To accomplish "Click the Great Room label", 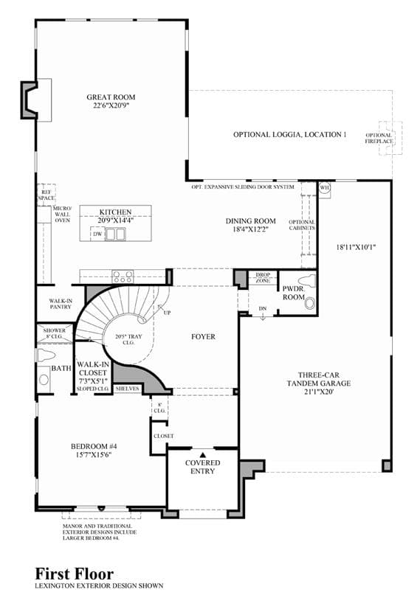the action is [x=111, y=101].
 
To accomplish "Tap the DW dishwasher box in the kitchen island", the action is [x=97, y=234].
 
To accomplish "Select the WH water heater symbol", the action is [x=325, y=188].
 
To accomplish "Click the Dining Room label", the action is [x=250, y=225].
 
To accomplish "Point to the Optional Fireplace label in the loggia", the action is [x=379, y=138].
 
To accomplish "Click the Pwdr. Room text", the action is [x=294, y=293].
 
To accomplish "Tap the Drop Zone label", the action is [x=263, y=278].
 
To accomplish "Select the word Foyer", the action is [x=203, y=336].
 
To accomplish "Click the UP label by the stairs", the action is [x=168, y=313].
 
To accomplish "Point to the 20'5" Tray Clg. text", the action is [x=128, y=340].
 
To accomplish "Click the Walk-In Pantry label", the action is [x=61, y=304].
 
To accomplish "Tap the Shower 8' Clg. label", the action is [x=54, y=333].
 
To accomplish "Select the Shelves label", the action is [x=128, y=389].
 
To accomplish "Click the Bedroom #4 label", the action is [x=94, y=451].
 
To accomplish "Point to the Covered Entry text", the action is [x=202, y=467].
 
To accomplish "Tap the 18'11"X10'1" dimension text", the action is [x=356, y=247].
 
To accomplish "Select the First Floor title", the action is [x=75, y=574].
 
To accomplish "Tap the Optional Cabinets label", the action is [x=302, y=225].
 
